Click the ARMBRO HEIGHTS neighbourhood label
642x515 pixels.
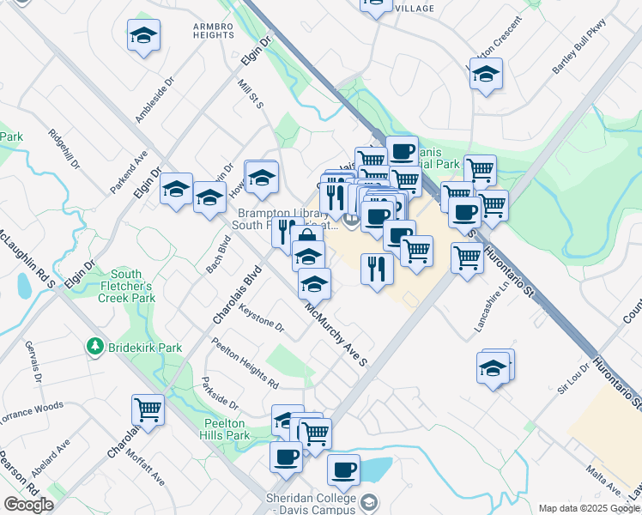[x=212, y=31]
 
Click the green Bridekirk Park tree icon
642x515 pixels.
[x=94, y=348]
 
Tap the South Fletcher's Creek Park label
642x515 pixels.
[x=131, y=286]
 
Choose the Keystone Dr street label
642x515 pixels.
[x=262, y=318]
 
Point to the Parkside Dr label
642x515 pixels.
[x=220, y=392]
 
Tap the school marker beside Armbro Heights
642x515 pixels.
[x=143, y=36]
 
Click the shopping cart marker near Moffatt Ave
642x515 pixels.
[x=148, y=409]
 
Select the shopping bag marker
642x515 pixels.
[x=306, y=239]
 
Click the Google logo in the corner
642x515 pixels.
[x=28, y=505]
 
